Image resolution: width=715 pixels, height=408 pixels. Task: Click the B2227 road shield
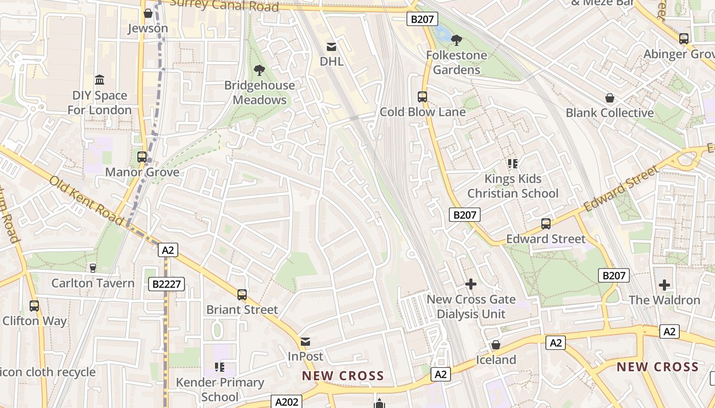(x=166, y=284)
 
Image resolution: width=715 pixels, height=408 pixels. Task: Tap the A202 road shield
(x=286, y=402)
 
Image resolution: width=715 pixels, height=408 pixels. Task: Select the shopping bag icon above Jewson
(x=148, y=13)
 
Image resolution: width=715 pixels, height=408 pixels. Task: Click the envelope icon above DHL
(x=331, y=47)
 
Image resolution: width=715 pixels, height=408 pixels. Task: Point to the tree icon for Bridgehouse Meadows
(x=259, y=70)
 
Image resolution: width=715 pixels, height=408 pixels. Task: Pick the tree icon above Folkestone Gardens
(x=457, y=40)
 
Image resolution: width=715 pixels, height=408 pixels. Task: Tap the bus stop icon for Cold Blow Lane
(x=422, y=97)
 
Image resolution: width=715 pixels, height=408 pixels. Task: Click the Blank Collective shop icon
(x=609, y=98)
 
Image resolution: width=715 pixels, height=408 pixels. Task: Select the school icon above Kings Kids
(x=513, y=164)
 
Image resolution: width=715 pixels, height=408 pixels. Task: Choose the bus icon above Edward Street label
(x=546, y=224)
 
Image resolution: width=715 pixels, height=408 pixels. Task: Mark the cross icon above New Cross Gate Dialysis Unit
(x=471, y=284)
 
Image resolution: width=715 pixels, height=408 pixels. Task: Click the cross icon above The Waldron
(x=664, y=285)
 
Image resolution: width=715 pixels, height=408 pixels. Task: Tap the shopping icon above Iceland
(x=495, y=345)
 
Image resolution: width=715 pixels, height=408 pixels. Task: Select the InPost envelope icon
(x=305, y=341)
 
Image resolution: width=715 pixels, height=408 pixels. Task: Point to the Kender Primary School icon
(x=220, y=367)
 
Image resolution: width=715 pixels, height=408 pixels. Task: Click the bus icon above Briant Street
(x=242, y=295)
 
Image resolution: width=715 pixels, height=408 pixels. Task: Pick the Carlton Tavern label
(x=93, y=283)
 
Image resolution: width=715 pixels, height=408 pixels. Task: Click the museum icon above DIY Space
(x=100, y=80)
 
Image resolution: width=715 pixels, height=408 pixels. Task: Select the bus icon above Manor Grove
(x=142, y=157)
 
